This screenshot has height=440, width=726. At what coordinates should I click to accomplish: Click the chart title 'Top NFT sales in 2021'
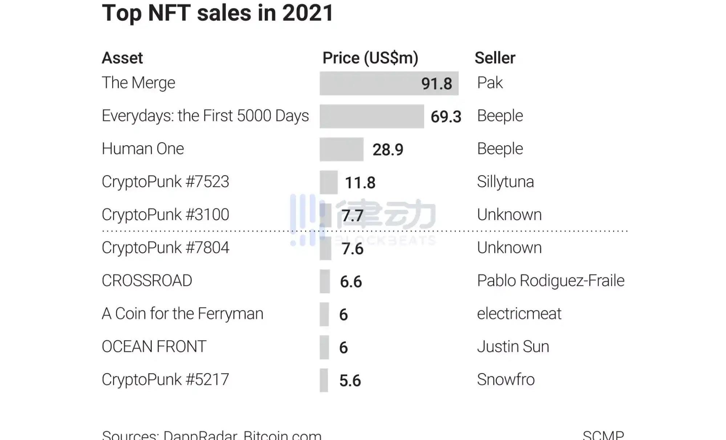pos(217,13)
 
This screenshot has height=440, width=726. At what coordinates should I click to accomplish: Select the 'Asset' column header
pos(122,58)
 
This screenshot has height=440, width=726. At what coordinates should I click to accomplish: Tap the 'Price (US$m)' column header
pos(370,58)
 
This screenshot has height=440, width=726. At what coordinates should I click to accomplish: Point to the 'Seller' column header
pos(495,58)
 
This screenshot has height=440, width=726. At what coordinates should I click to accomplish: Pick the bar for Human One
pos(341,150)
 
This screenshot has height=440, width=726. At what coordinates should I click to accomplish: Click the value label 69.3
pos(446,117)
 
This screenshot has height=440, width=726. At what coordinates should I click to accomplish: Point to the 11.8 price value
pos(360,183)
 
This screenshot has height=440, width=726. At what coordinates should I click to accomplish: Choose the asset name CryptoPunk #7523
pos(165,182)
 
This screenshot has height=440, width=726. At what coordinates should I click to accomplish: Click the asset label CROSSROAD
pos(147,281)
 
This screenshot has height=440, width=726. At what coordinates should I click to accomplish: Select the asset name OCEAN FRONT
pos(154,347)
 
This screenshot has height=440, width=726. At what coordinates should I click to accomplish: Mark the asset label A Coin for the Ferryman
pos(182,314)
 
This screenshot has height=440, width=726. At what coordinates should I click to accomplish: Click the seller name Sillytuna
pos(505,182)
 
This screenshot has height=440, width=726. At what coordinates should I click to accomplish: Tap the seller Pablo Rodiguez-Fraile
pos(551,281)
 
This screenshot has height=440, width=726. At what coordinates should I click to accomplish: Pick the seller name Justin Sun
pos(513,347)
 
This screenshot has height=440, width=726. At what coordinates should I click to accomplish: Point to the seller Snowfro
pos(506,380)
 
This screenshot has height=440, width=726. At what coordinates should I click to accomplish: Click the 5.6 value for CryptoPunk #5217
pos(350,381)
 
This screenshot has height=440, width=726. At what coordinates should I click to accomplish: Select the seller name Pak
pos(490,83)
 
